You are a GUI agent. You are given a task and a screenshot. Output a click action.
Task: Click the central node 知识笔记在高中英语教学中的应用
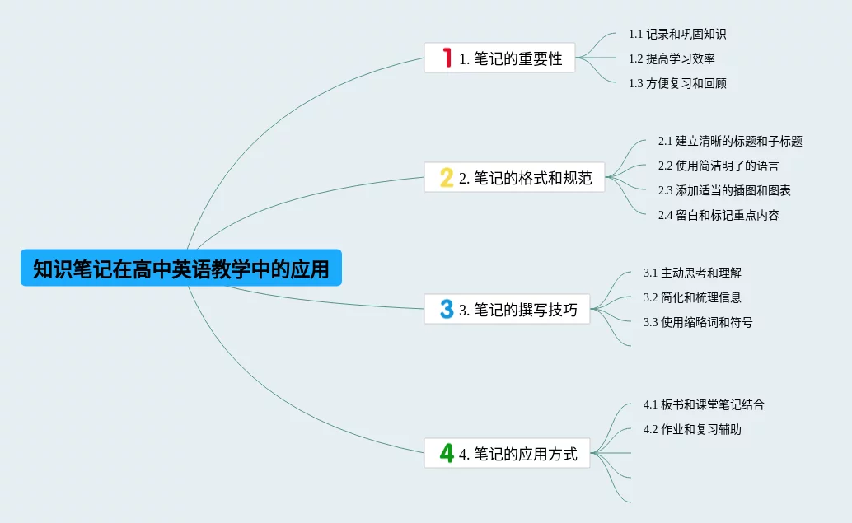[180, 269]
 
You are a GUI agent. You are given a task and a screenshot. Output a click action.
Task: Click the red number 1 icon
[447, 58]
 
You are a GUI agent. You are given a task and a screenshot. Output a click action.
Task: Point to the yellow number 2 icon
[447, 177]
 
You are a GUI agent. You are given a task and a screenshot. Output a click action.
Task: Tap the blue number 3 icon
[447, 310]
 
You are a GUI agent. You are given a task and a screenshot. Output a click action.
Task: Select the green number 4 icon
[447, 453]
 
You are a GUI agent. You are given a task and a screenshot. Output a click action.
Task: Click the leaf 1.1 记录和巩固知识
[677, 34]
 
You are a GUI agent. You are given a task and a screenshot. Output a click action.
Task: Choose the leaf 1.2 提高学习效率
[672, 58]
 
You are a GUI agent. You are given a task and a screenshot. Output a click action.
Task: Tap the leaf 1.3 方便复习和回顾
[677, 83]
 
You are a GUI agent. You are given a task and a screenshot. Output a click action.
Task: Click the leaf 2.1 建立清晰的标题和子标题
[730, 141]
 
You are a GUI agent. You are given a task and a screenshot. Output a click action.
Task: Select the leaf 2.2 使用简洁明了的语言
[719, 166]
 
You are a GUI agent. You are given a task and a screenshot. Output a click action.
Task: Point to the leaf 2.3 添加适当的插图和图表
[724, 190]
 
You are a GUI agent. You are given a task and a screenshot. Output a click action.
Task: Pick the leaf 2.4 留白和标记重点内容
[719, 215]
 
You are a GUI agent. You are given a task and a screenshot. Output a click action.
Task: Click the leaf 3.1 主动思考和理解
[686, 273]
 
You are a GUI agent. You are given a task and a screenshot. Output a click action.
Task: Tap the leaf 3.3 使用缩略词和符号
[698, 322]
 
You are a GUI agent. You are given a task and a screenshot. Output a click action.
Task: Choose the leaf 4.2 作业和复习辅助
[692, 429]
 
